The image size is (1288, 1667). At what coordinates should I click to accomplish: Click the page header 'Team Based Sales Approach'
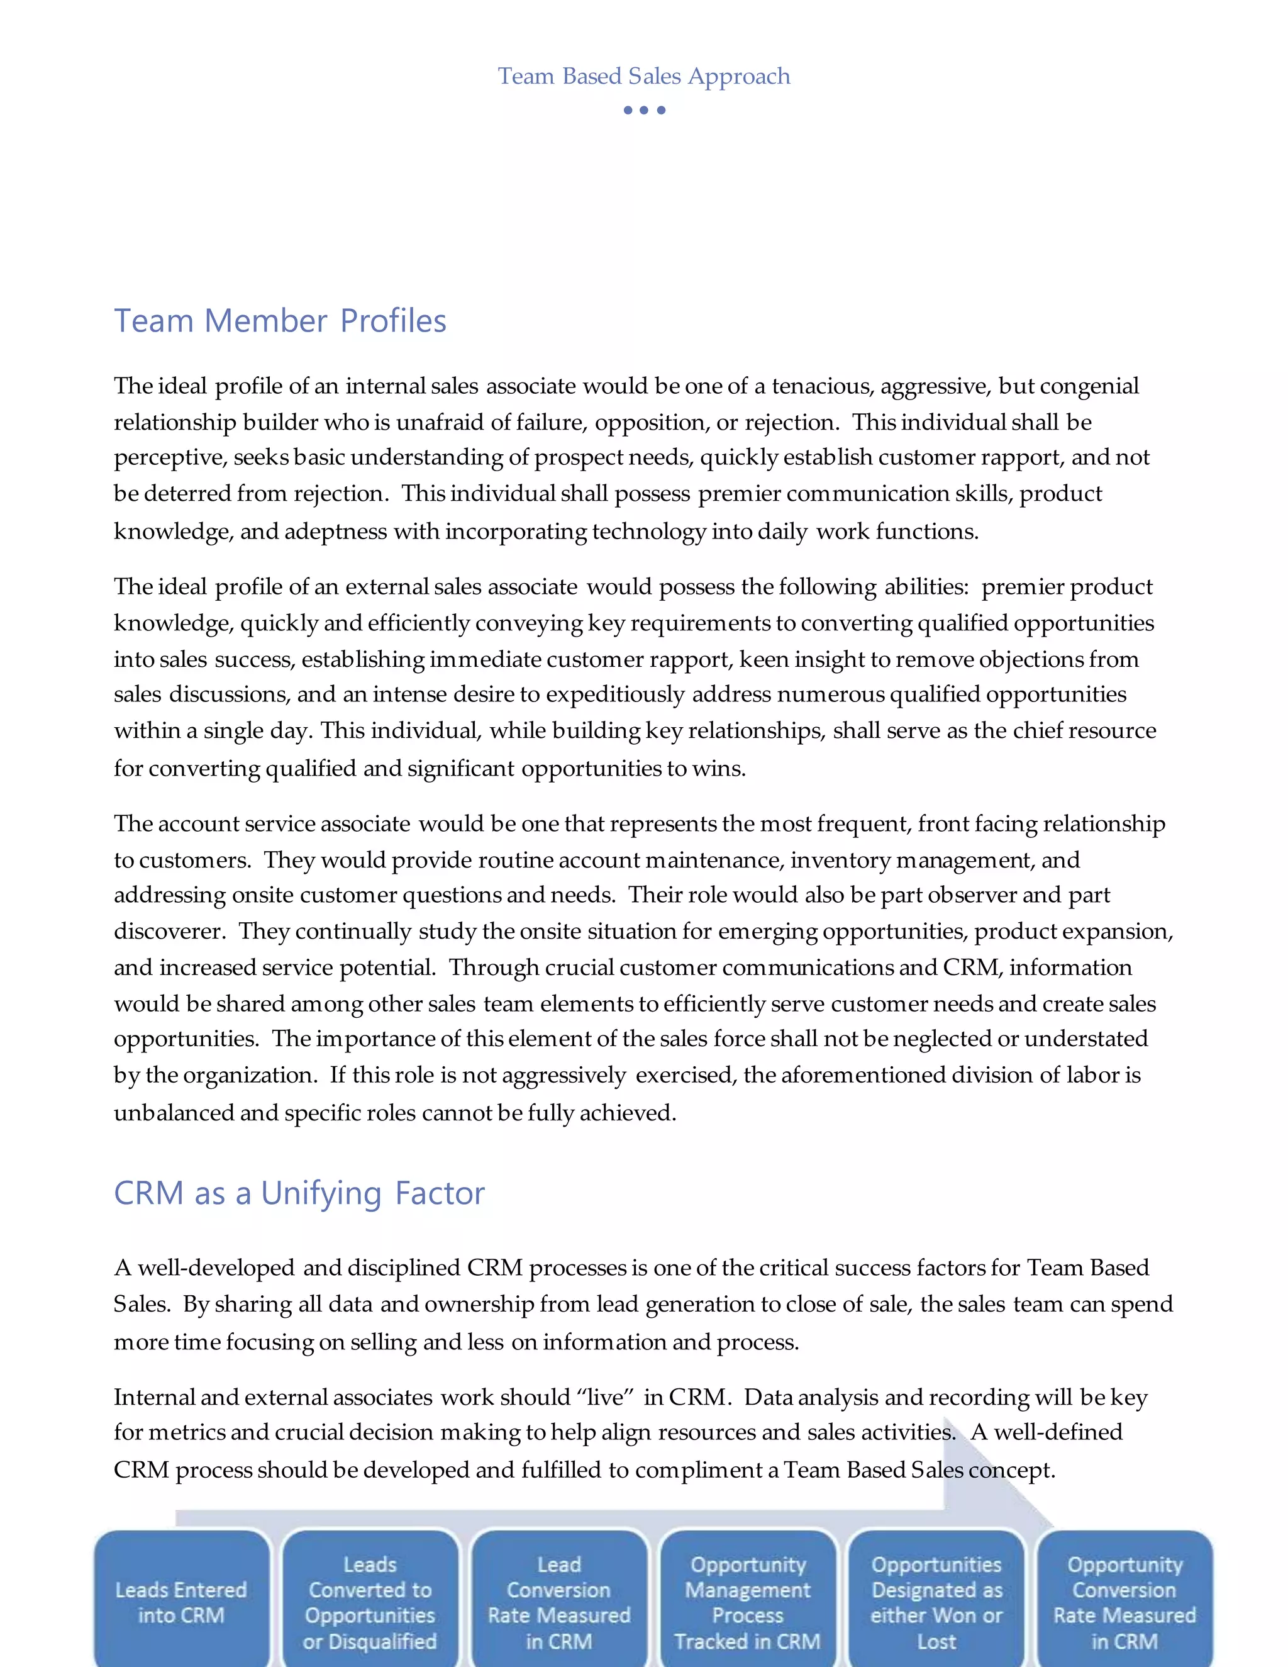click(644, 76)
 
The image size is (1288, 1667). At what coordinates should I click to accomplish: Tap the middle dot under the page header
click(644, 110)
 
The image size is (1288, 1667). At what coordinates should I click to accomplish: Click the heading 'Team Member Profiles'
click(280, 321)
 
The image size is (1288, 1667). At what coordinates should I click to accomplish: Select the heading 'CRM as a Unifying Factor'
click(299, 1193)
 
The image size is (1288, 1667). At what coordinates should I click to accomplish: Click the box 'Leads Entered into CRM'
click(182, 1602)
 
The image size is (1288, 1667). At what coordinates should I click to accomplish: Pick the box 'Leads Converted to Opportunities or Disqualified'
click(370, 1602)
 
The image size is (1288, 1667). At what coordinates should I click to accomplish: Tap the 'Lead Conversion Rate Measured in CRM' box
click(558, 1602)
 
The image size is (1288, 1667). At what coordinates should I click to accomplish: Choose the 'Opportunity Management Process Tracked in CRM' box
click(747, 1602)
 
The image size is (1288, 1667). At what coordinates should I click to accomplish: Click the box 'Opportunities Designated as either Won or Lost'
click(936, 1602)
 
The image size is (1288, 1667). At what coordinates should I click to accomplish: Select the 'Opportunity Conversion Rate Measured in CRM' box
click(1124, 1602)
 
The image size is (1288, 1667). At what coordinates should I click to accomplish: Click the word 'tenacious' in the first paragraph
click(821, 386)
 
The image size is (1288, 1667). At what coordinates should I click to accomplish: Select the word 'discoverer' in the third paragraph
click(169, 931)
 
